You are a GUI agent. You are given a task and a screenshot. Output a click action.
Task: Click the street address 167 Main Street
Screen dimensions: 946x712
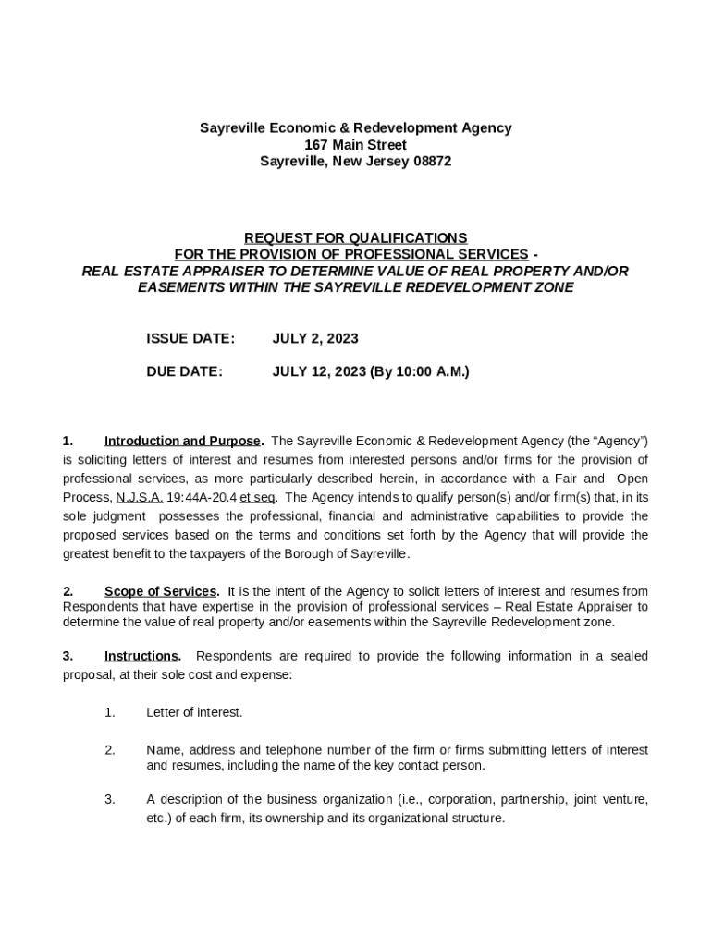click(x=355, y=145)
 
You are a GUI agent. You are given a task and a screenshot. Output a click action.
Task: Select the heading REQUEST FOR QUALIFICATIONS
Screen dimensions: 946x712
click(x=355, y=237)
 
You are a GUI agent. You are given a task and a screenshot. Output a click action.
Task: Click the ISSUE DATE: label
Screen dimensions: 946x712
click(x=190, y=339)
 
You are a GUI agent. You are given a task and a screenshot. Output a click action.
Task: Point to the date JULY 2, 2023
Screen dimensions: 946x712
click(x=315, y=339)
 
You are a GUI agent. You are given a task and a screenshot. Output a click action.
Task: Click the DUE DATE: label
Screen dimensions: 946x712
click(x=184, y=372)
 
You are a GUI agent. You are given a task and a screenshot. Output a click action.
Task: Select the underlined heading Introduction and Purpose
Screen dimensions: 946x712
click(x=183, y=441)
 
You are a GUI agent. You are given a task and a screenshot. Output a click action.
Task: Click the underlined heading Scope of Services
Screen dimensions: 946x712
click(x=161, y=591)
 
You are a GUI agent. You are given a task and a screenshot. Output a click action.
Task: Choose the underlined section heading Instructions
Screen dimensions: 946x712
click(x=142, y=656)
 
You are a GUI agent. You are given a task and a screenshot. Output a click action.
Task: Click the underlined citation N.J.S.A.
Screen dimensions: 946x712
click(x=140, y=497)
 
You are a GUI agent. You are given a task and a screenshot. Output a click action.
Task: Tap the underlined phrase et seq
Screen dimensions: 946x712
click(x=259, y=497)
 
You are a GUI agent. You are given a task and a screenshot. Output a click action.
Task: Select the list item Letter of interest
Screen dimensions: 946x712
click(x=194, y=712)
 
